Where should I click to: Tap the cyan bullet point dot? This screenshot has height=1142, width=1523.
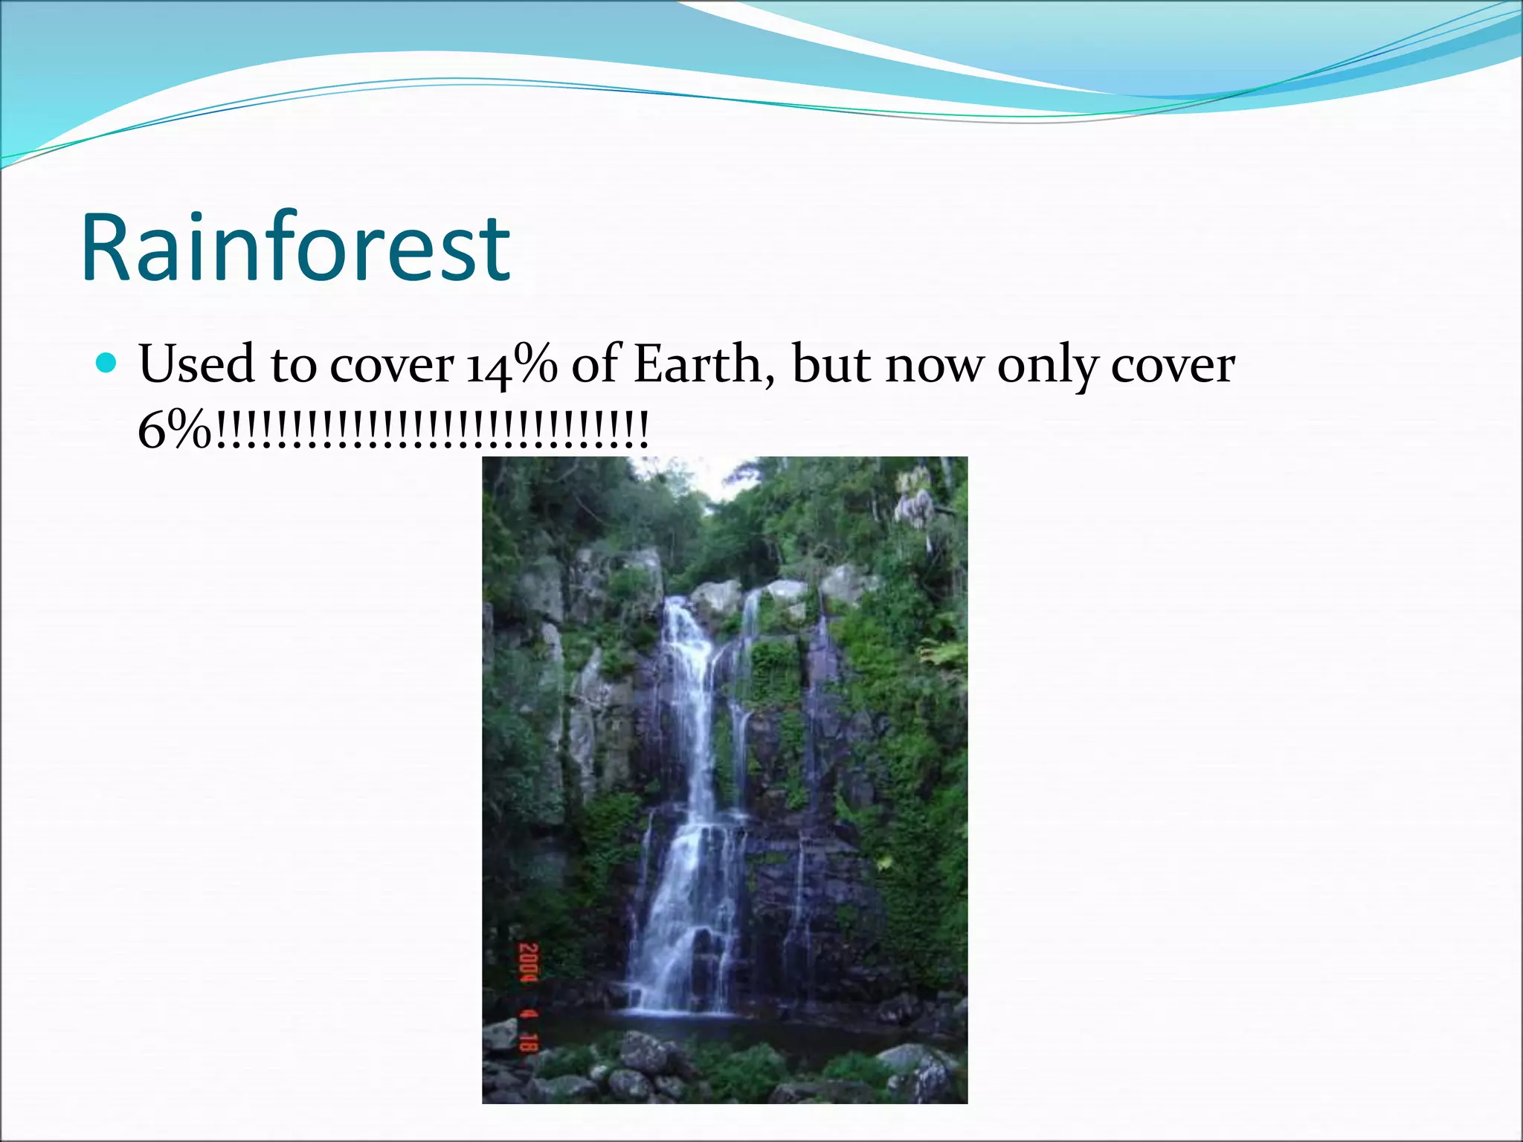coord(107,364)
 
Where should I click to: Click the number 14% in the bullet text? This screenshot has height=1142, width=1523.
coord(512,366)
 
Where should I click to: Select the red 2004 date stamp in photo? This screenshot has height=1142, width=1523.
coord(529,963)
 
